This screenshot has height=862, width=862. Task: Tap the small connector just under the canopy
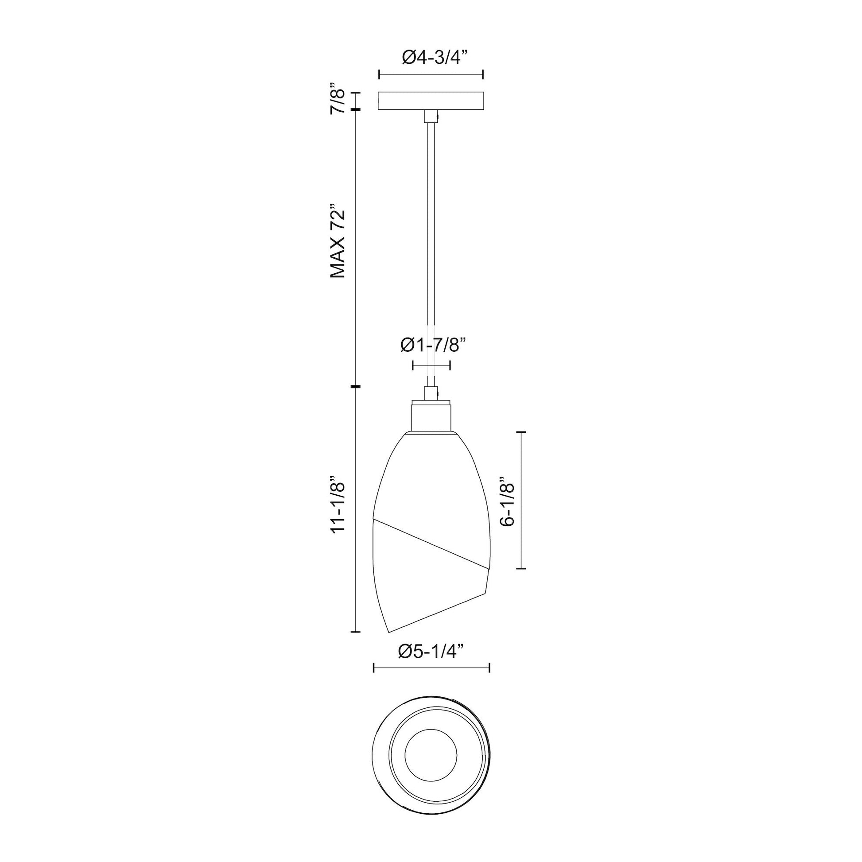click(431, 116)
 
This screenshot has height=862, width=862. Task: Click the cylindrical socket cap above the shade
click(431, 416)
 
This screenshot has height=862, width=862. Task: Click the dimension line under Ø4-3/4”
click(431, 75)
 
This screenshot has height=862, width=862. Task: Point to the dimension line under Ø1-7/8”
click(431, 365)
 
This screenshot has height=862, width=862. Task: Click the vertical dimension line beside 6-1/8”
click(521, 500)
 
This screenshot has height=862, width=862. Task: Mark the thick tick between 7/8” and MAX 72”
click(356, 110)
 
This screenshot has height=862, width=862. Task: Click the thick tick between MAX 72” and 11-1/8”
click(356, 386)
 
